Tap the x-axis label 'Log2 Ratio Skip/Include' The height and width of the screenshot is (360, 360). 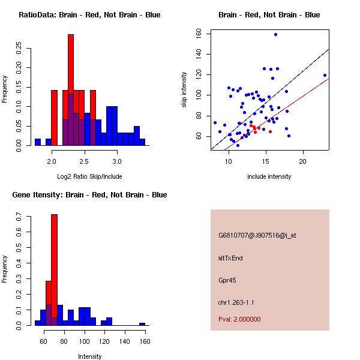89,176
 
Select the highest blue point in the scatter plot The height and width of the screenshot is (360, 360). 275,35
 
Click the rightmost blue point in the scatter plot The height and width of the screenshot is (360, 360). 325,76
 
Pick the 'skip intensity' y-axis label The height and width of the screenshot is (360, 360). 184,90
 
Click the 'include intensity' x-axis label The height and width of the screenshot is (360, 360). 269,176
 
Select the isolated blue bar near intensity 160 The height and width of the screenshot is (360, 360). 142,324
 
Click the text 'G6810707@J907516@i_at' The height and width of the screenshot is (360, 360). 257,235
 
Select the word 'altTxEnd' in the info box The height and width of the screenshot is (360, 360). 230,258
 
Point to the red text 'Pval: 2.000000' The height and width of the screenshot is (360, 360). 239,319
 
